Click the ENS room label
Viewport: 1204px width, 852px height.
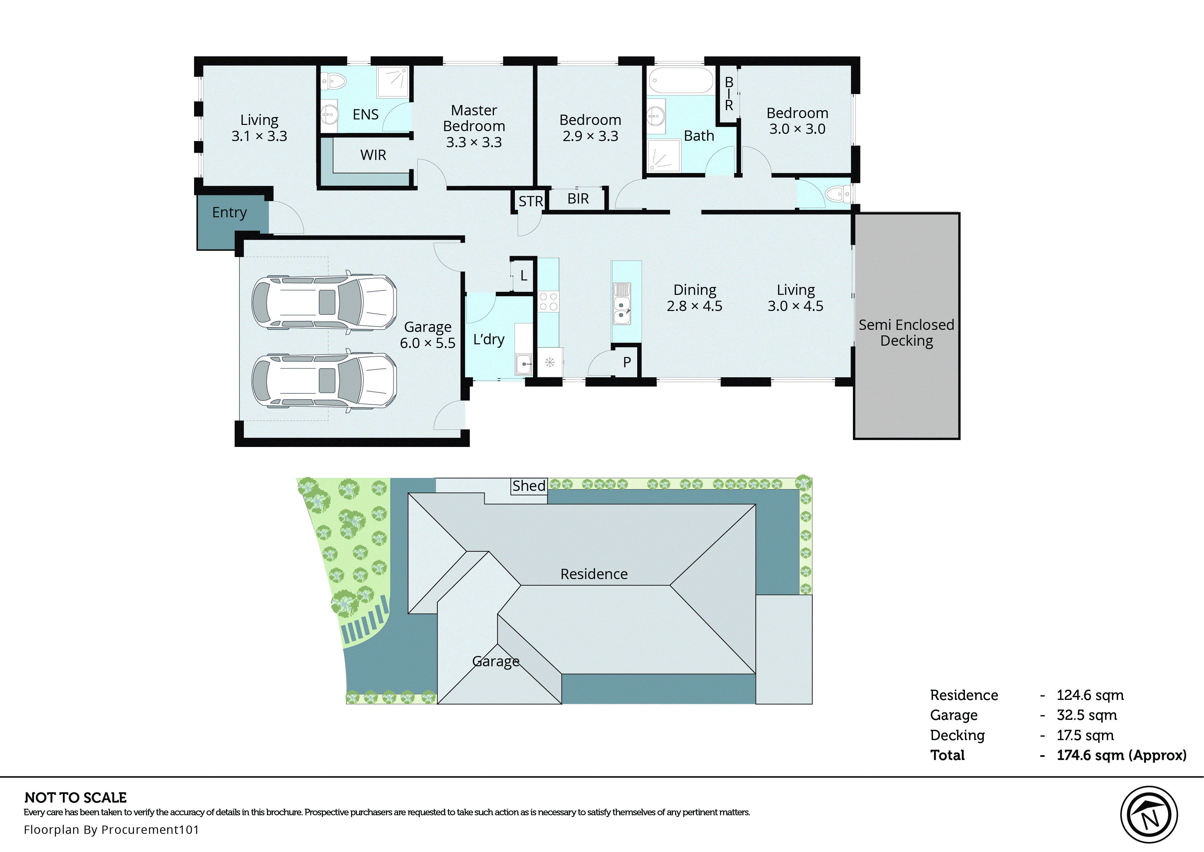pyautogui.click(x=365, y=114)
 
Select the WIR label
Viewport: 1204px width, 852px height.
pyautogui.click(x=373, y=155)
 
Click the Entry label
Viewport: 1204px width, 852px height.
pyautogui.click(x=229, y=212)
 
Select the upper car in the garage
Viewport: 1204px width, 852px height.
pyautogui.click(x=324, y=302)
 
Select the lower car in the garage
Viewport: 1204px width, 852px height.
pyautogui.click(x=324, y=380)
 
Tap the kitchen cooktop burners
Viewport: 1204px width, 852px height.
pyautogui.click(x=549, y=302)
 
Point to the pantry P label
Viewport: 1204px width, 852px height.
pyautogui.click(x=627, y=362)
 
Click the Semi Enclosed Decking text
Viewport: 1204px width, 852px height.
pyautogui.click(x=907, y=333)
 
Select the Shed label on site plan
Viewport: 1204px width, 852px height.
pyautogui.click(x=529, y=486)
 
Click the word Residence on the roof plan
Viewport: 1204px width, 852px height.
pyautogui.click(x=594, y=574)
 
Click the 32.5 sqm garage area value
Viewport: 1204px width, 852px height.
pyautogui.click(x=1087, y=715)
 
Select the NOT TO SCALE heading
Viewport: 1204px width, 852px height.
pyautogui.click(x=76, y=797)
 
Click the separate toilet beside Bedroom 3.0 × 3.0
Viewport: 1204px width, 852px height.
pyautogui.click(x=837, y=195)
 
